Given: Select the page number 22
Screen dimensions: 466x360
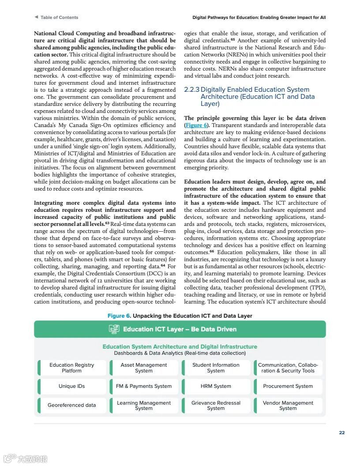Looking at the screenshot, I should coord(342,432).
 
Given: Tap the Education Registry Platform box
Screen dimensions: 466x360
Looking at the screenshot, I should coord(72,368).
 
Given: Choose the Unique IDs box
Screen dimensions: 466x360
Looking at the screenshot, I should coord(72,386).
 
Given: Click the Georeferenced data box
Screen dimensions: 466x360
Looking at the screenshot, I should coord(72,405).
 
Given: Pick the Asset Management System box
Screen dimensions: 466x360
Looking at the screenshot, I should coord(144,368).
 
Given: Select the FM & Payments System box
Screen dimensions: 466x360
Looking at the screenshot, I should coord(144,386).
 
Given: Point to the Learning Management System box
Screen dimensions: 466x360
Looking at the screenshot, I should coord(144,406).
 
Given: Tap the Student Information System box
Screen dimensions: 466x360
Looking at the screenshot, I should coord(216,368).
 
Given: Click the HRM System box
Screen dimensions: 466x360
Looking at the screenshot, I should coord(216,386).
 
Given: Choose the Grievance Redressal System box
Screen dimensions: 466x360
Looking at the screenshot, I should coord(216,406).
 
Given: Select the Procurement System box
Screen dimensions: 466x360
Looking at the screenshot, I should coord(288,386).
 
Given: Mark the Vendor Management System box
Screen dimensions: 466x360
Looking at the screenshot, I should coord(288,406).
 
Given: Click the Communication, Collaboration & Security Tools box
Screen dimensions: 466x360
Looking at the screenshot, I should coord(288,368).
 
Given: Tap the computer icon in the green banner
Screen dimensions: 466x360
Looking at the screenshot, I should coord(114,329).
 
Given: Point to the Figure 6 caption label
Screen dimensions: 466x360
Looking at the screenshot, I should coord(119,316).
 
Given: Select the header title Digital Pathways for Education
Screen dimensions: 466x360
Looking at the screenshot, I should coord(259,18).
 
